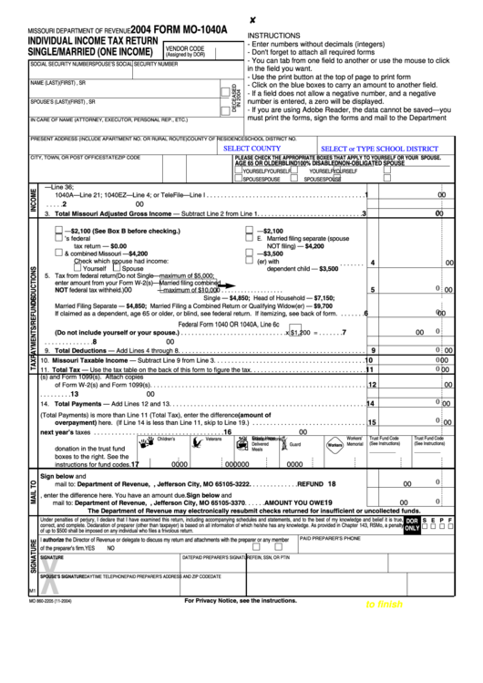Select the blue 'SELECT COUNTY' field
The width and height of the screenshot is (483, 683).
[252, 148]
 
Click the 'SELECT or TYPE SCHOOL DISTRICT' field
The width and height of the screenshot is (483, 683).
[380, 148]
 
